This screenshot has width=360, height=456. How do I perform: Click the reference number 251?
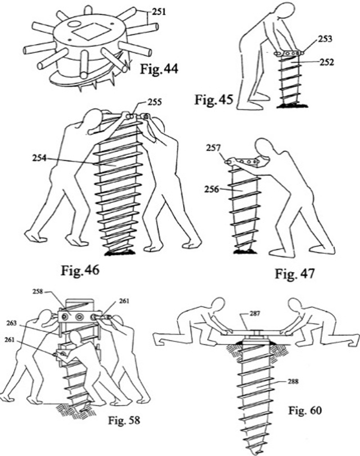point(159,12)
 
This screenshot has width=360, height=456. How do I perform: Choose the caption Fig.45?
point(213,99)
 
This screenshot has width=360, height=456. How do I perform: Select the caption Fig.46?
point(80,271)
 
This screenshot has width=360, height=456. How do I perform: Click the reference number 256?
point(213,190)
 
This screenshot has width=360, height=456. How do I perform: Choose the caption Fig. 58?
point(124,421)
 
